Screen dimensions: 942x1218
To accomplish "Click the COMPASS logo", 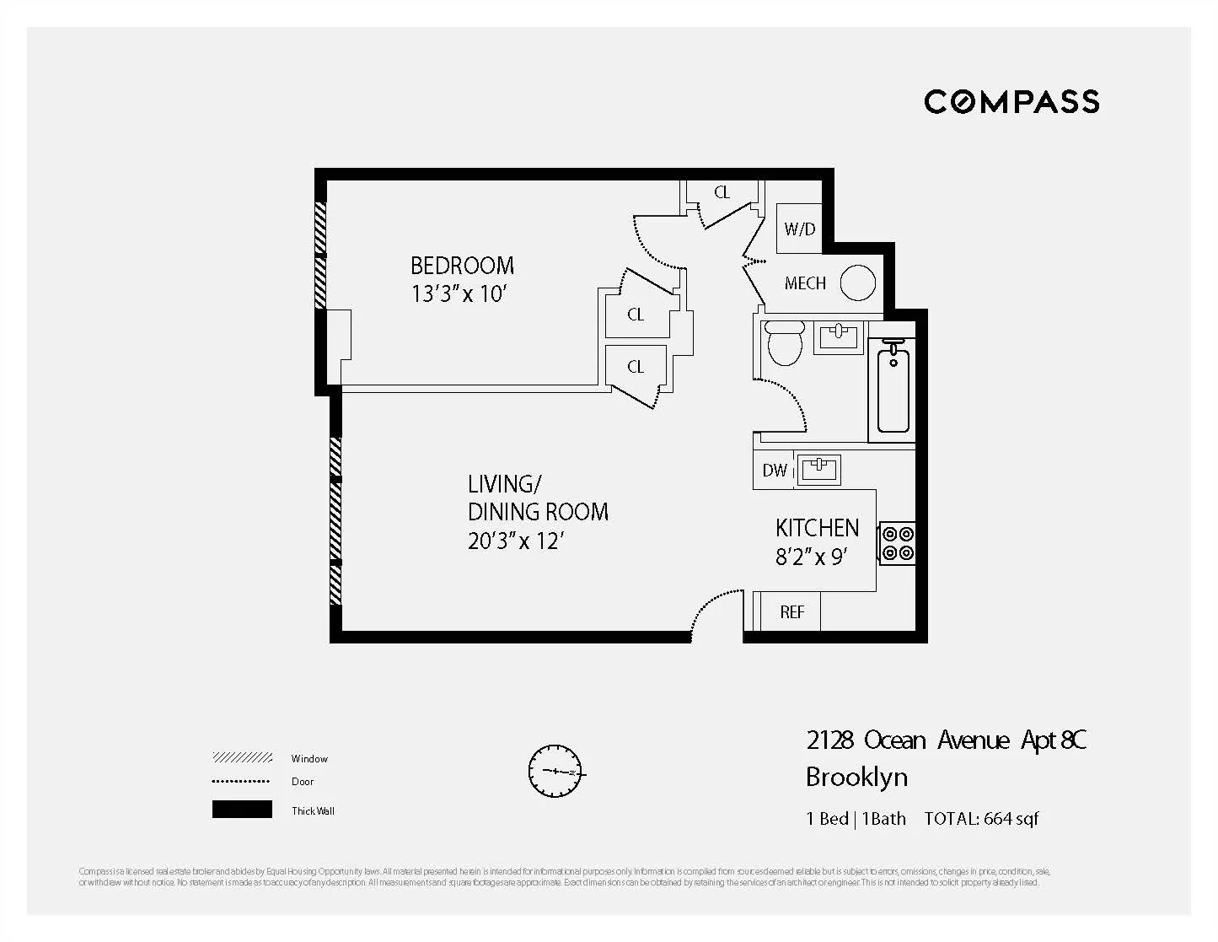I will point(1011,102).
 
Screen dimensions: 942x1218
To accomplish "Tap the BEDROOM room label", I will point(462,266).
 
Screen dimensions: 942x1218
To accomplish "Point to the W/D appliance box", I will point(799,229).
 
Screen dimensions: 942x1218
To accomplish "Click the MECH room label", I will point(805,283).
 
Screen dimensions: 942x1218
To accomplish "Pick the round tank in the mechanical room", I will point(858,283).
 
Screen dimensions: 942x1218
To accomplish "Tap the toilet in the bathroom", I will point(785,343).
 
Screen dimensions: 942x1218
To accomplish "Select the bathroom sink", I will point(838,336).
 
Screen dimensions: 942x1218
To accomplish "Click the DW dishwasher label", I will point(774,471).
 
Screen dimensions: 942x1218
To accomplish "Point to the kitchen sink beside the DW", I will point(818,469).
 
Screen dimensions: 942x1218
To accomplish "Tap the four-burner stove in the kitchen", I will point(897,543).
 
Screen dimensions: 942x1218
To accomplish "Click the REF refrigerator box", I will point(791,612).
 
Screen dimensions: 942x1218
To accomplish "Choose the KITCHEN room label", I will point(817,529).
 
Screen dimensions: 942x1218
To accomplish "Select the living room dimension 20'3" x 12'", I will point(514,541).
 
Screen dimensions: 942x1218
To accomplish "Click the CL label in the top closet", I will point(722,192).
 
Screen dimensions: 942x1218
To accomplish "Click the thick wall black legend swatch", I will point(242,810).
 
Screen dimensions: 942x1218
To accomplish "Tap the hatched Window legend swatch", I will point(242,758).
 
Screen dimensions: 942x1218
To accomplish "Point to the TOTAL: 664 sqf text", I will point(981,818).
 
